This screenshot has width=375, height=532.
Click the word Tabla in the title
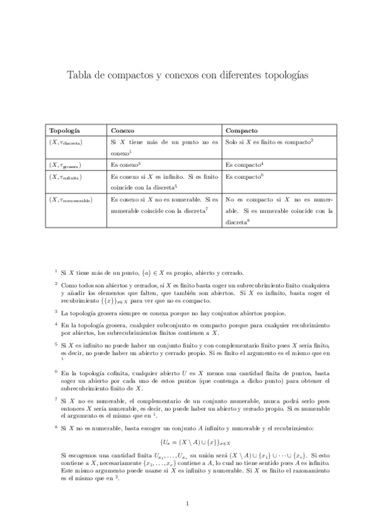pos(79,75)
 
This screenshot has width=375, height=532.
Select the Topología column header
pos(64,130)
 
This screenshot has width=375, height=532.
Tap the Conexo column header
pos(121,130)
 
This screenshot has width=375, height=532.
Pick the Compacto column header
pos(242,130)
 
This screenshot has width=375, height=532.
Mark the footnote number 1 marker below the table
pos(56,271)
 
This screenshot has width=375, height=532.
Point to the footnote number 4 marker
pos(56,324)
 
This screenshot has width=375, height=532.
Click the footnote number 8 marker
pos(56,427)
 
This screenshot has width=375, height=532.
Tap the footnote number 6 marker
pos(56,371)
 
